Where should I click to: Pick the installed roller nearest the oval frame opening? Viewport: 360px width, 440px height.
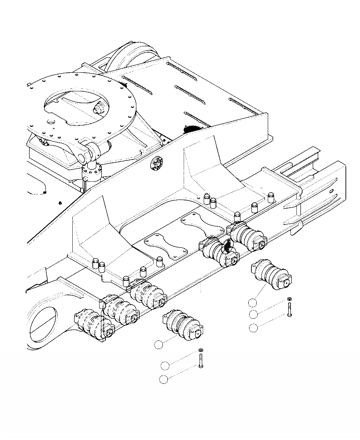tap(93, 323)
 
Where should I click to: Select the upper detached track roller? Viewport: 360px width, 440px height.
tap(270, 275)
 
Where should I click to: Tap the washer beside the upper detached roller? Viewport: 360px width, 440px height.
tap(290, 299)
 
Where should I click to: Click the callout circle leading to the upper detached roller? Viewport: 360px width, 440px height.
tap(253, 303)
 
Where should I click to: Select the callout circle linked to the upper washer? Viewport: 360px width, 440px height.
tap(254, 315)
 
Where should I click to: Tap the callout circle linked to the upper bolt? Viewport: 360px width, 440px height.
tap(254, 327)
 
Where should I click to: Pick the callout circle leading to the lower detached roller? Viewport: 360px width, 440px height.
tap(158, 345)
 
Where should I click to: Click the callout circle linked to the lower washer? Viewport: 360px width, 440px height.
tap(165, 365)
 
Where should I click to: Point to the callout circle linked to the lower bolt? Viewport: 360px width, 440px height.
tap(164, 380)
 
